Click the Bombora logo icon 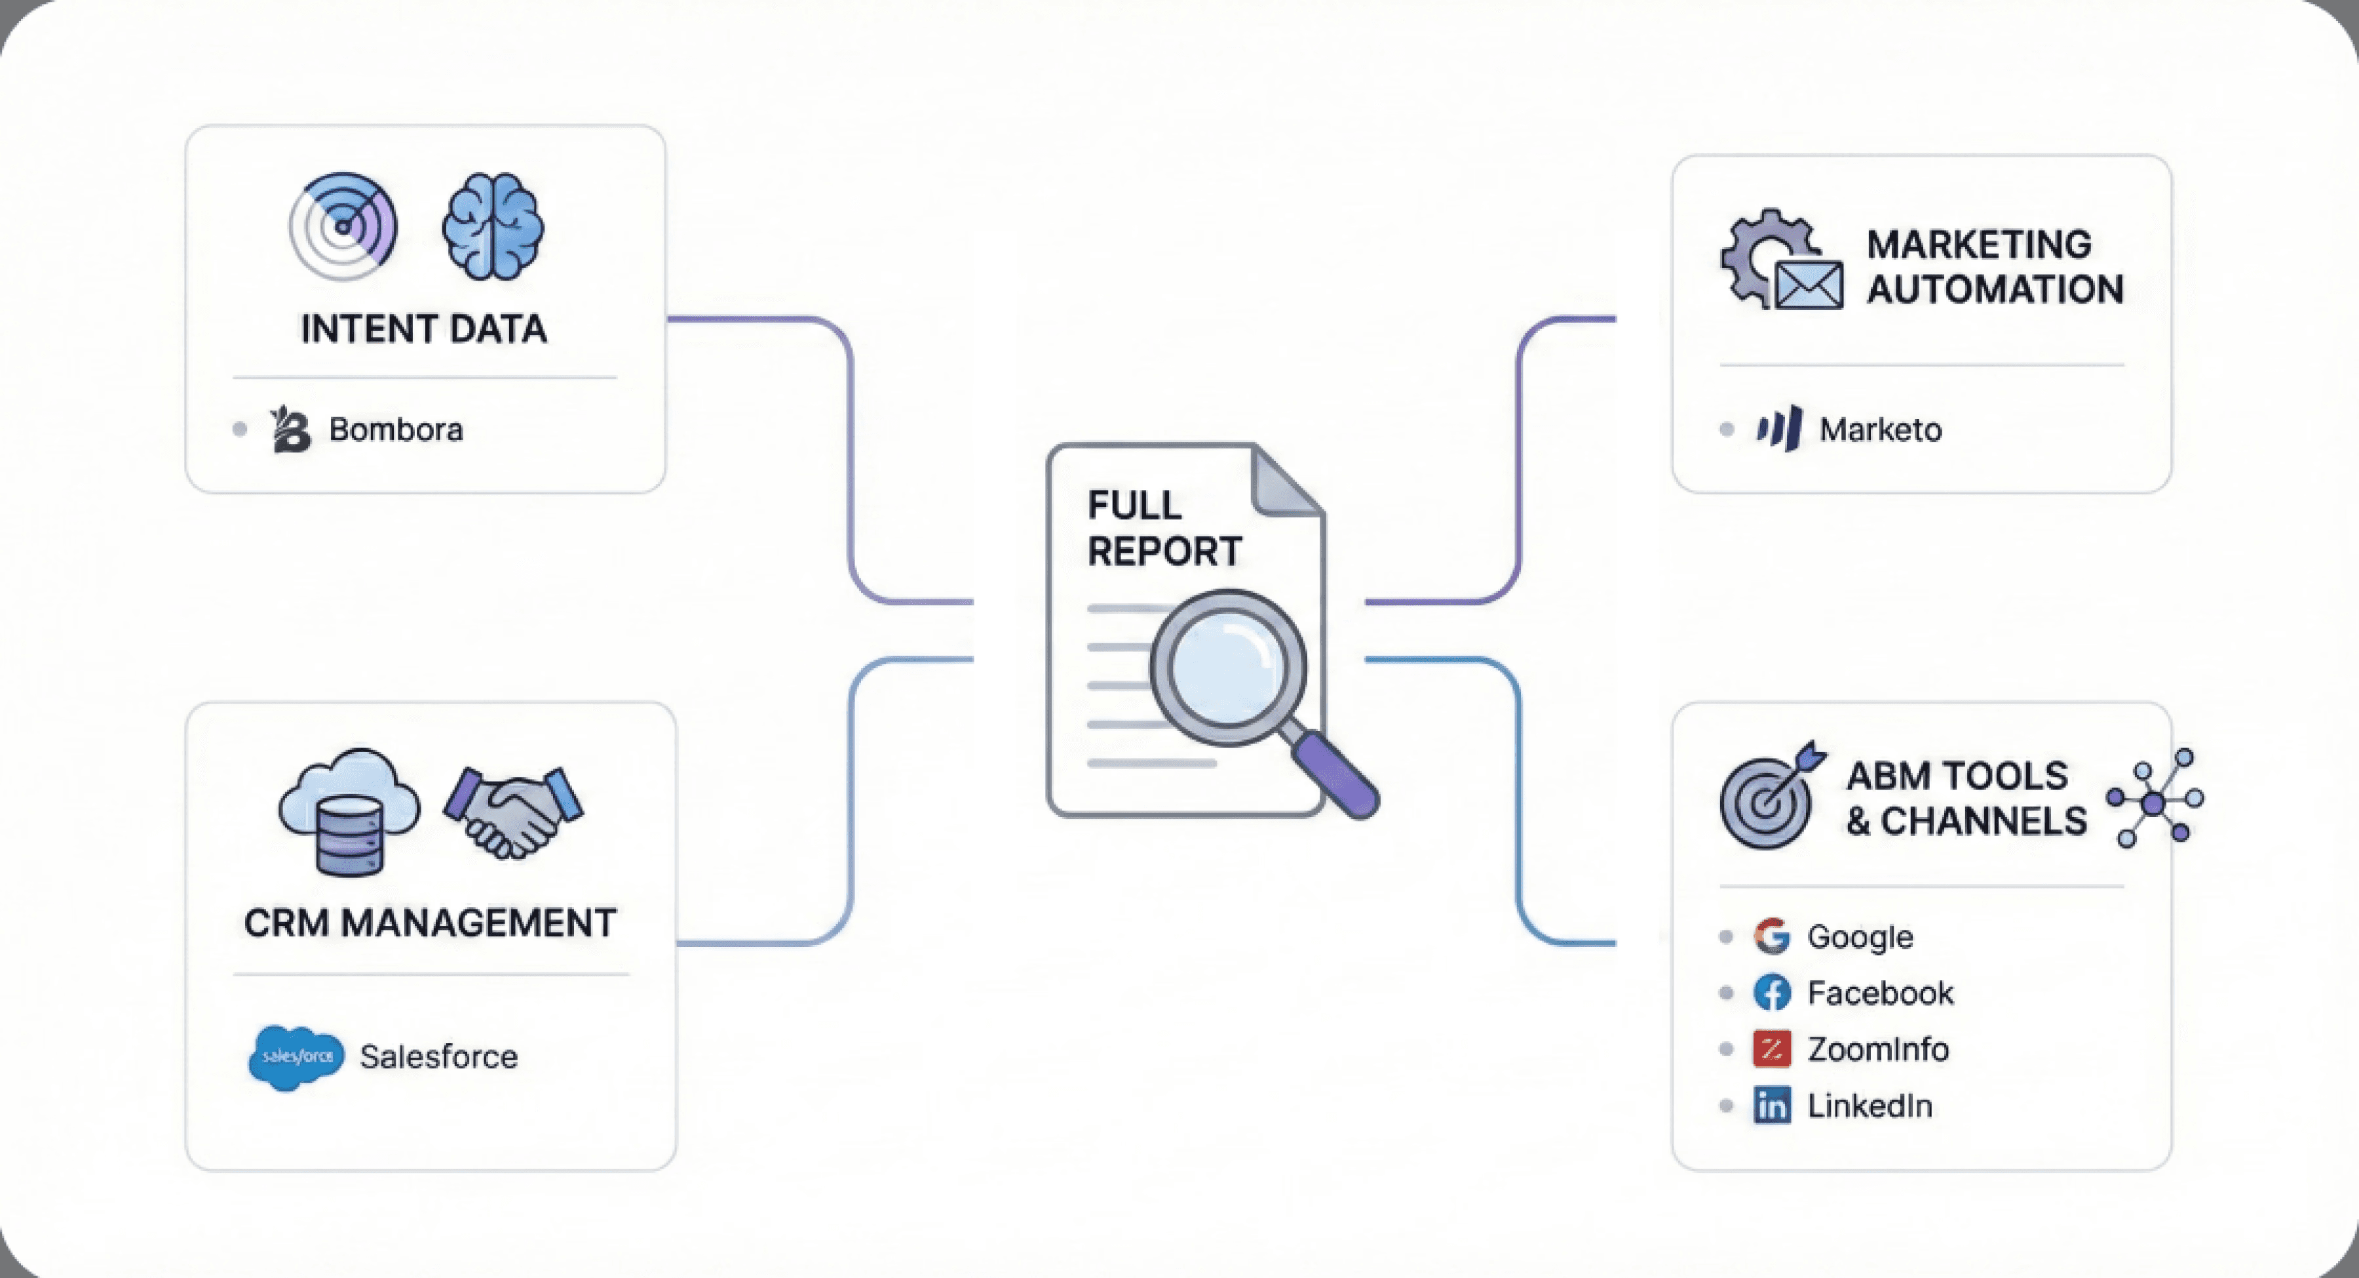[290, 429]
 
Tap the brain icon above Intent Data [493, 226]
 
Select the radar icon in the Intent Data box [343, 226]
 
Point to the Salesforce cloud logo [296, 1057]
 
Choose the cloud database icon [349, 810]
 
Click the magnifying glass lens [1227, 667]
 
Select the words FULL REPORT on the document [1163, 529]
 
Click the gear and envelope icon [1780, 260]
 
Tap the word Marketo [1880, 429]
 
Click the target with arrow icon [1770, 795]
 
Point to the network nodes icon [2154, 799]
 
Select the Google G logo [1772, 936]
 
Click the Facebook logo [1772, 993]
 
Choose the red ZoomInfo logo [1772, 1050]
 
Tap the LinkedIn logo [1772, 1106]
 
